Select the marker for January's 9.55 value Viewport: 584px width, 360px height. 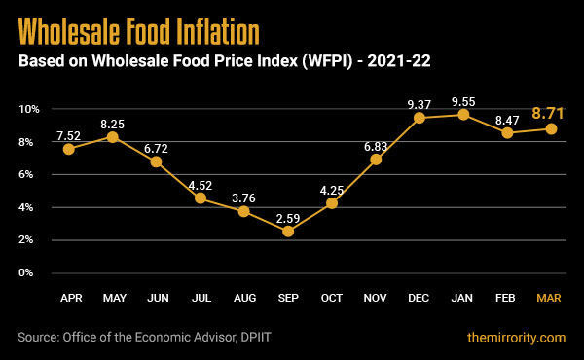(x=463, y=115)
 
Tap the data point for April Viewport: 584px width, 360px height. (x=68, y=149)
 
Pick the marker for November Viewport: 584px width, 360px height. (x=376, y=159)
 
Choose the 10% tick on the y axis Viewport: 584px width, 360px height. (x=28, y=109)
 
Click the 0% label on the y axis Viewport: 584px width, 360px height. (x=30, y=273)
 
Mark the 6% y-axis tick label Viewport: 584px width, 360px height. (x=30, y=175)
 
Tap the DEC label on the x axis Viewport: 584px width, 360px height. (x=420, y=296)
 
